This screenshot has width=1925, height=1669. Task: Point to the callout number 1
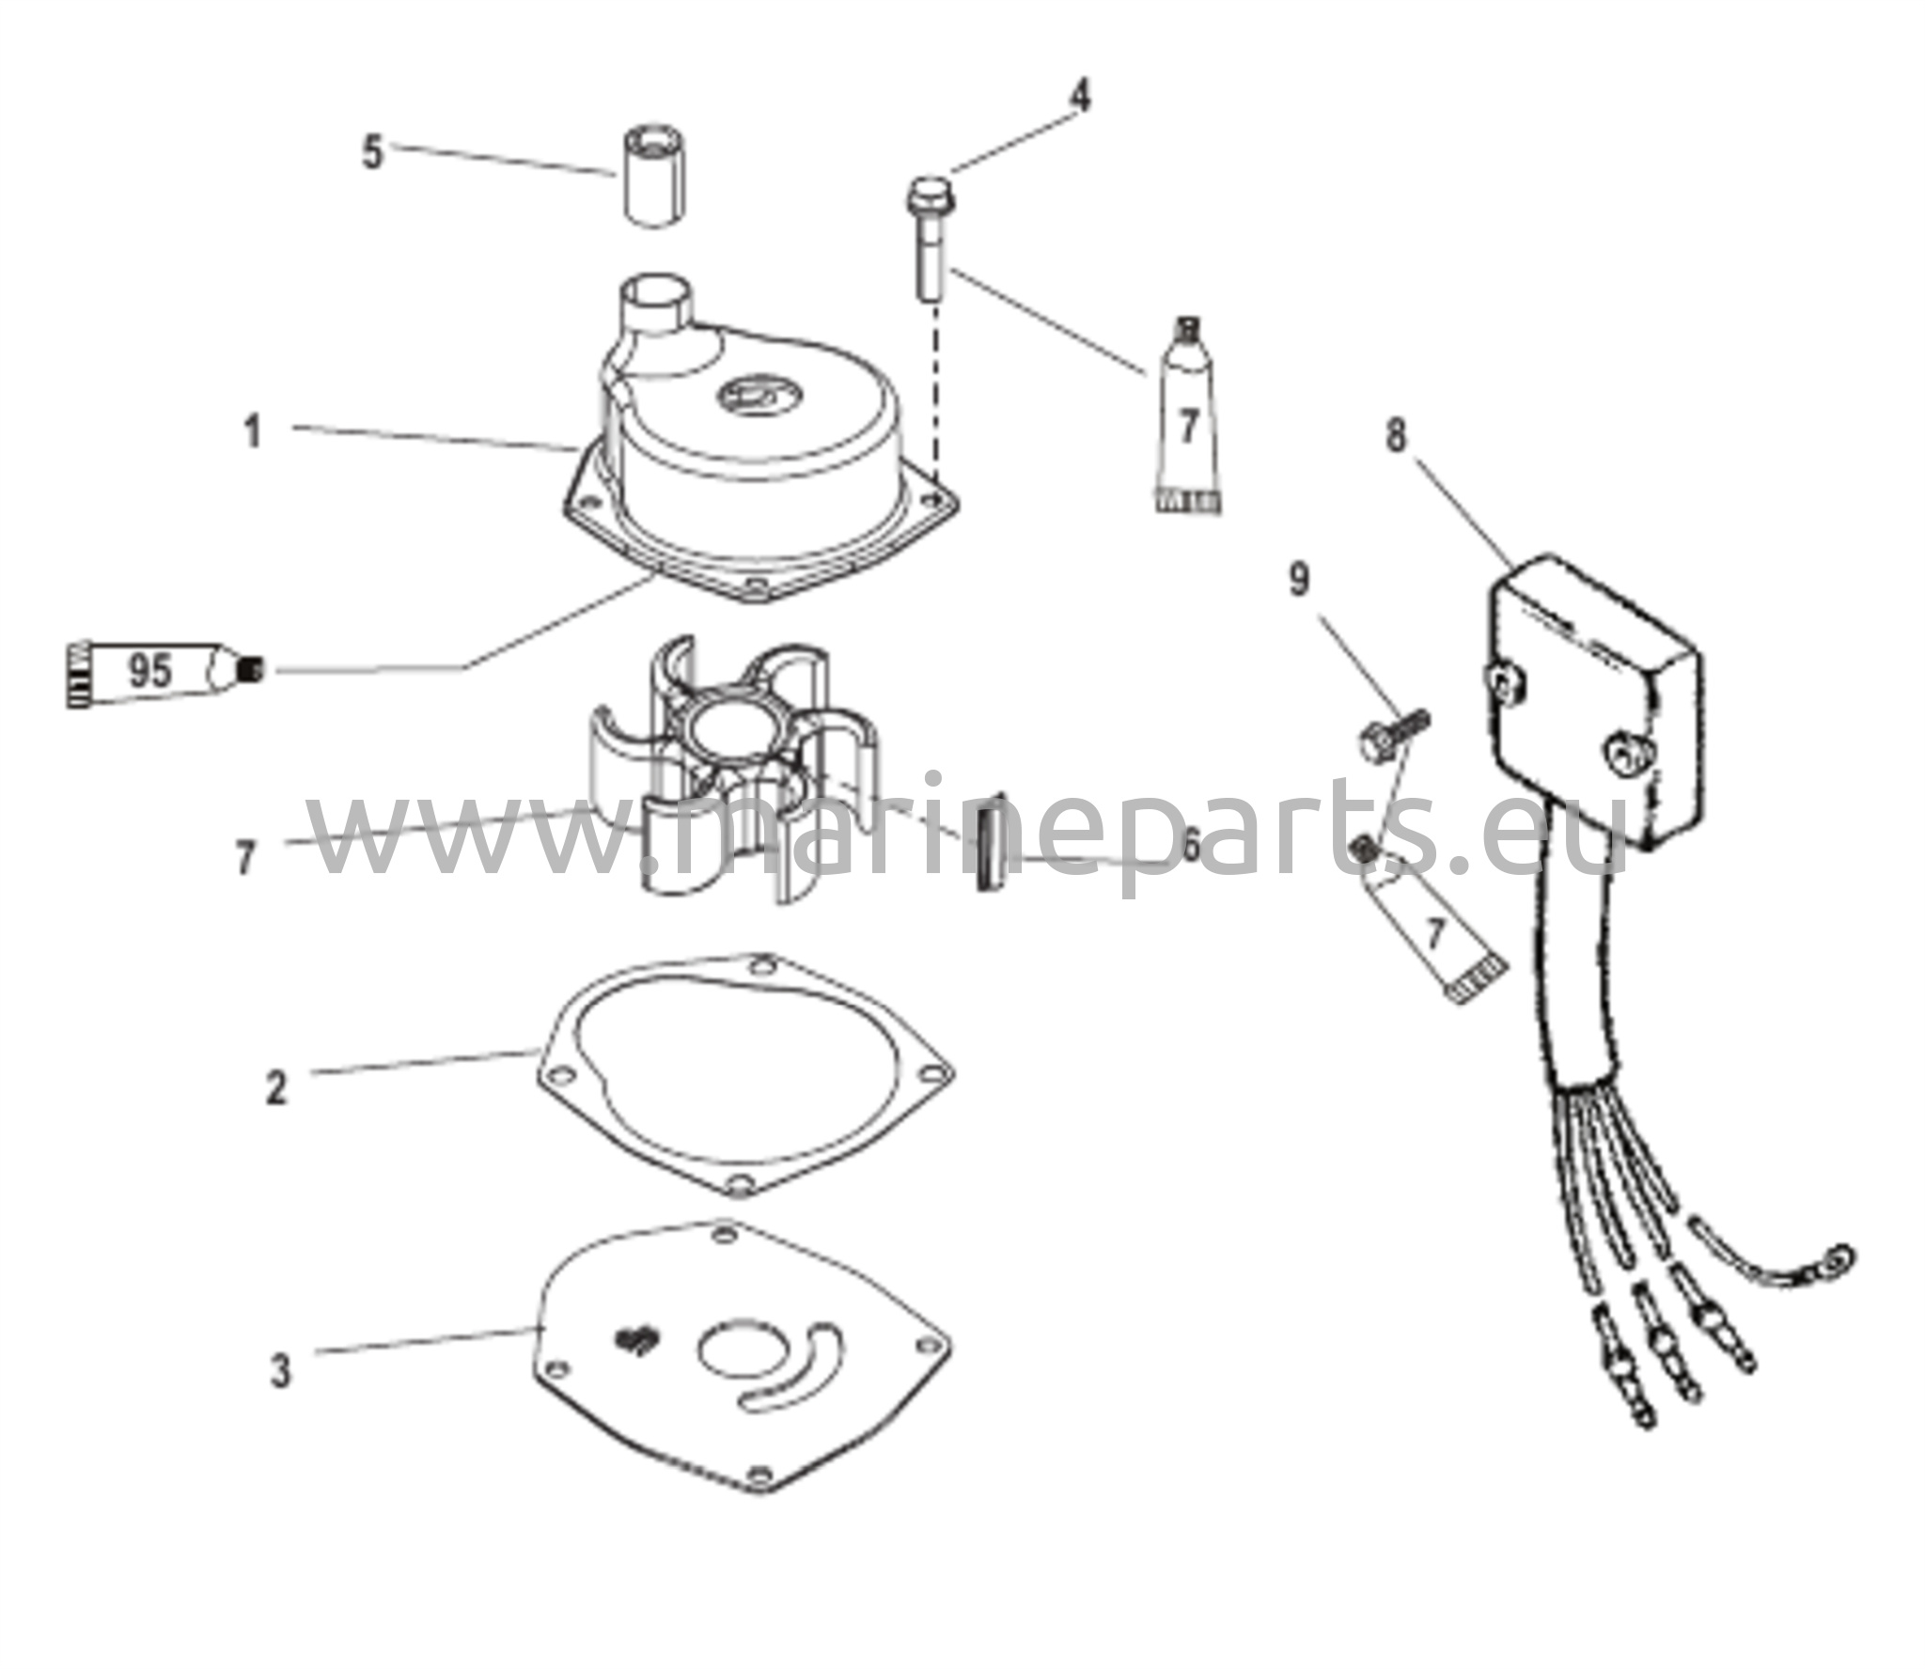[x=252, y=433]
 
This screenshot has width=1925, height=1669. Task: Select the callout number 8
[x=1397, y=436]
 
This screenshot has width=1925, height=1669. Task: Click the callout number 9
[x=1298, y=580]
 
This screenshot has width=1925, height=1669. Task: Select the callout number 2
[x=275, y=1087]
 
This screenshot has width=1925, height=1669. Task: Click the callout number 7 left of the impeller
[x=245, y=857]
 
